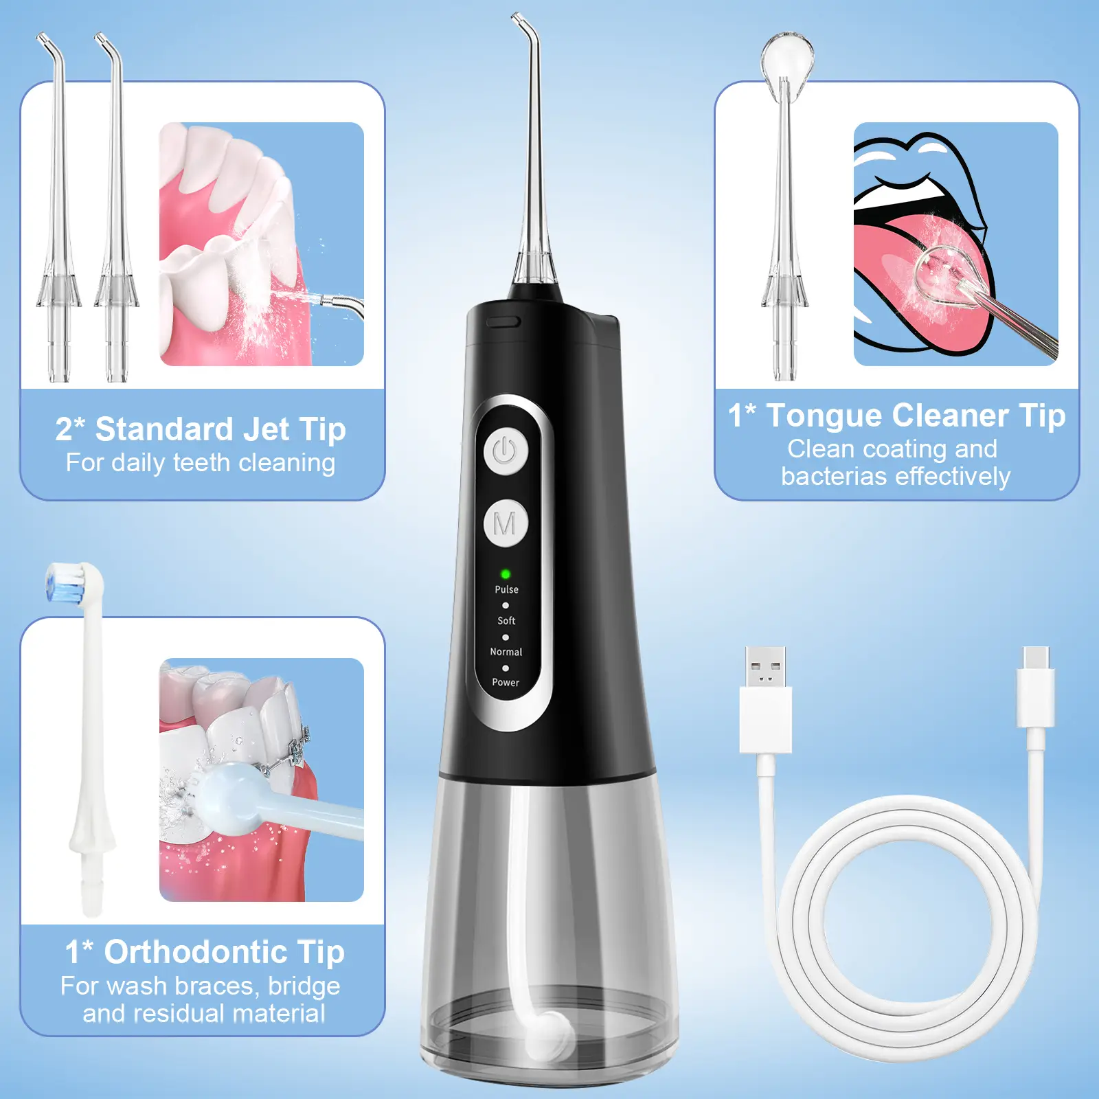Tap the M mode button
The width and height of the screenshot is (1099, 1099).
click(505, 523)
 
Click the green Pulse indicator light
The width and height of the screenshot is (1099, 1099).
click(506, 574)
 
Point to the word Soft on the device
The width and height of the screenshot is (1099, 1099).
click(506, 620)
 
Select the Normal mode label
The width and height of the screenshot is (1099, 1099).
click(506, 652)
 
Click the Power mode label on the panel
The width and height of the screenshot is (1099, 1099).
click(506, 682)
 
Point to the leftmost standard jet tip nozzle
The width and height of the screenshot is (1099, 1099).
click(58, 206)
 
